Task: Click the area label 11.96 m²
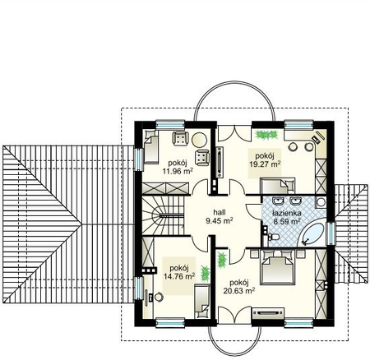pos(178,172)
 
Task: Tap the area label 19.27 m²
pos(265,164)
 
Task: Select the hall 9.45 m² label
pos(220,216)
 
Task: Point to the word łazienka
pos(287,213)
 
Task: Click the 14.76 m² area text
pos(179,276)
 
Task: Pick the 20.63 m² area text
pos(239,291)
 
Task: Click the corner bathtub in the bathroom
pos(312,233)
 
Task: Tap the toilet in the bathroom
pos(273,237)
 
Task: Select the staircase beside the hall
pos(163,215)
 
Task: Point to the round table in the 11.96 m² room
pos(199,140)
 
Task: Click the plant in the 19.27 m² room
pos(266,135)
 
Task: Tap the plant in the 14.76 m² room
pos(205,274)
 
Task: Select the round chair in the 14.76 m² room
pos(159,297)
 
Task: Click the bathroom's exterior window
pos(331,233)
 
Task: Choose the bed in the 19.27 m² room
pos(277,186)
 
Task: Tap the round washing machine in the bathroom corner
pos(321,202)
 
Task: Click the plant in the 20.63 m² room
pos(222,261)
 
